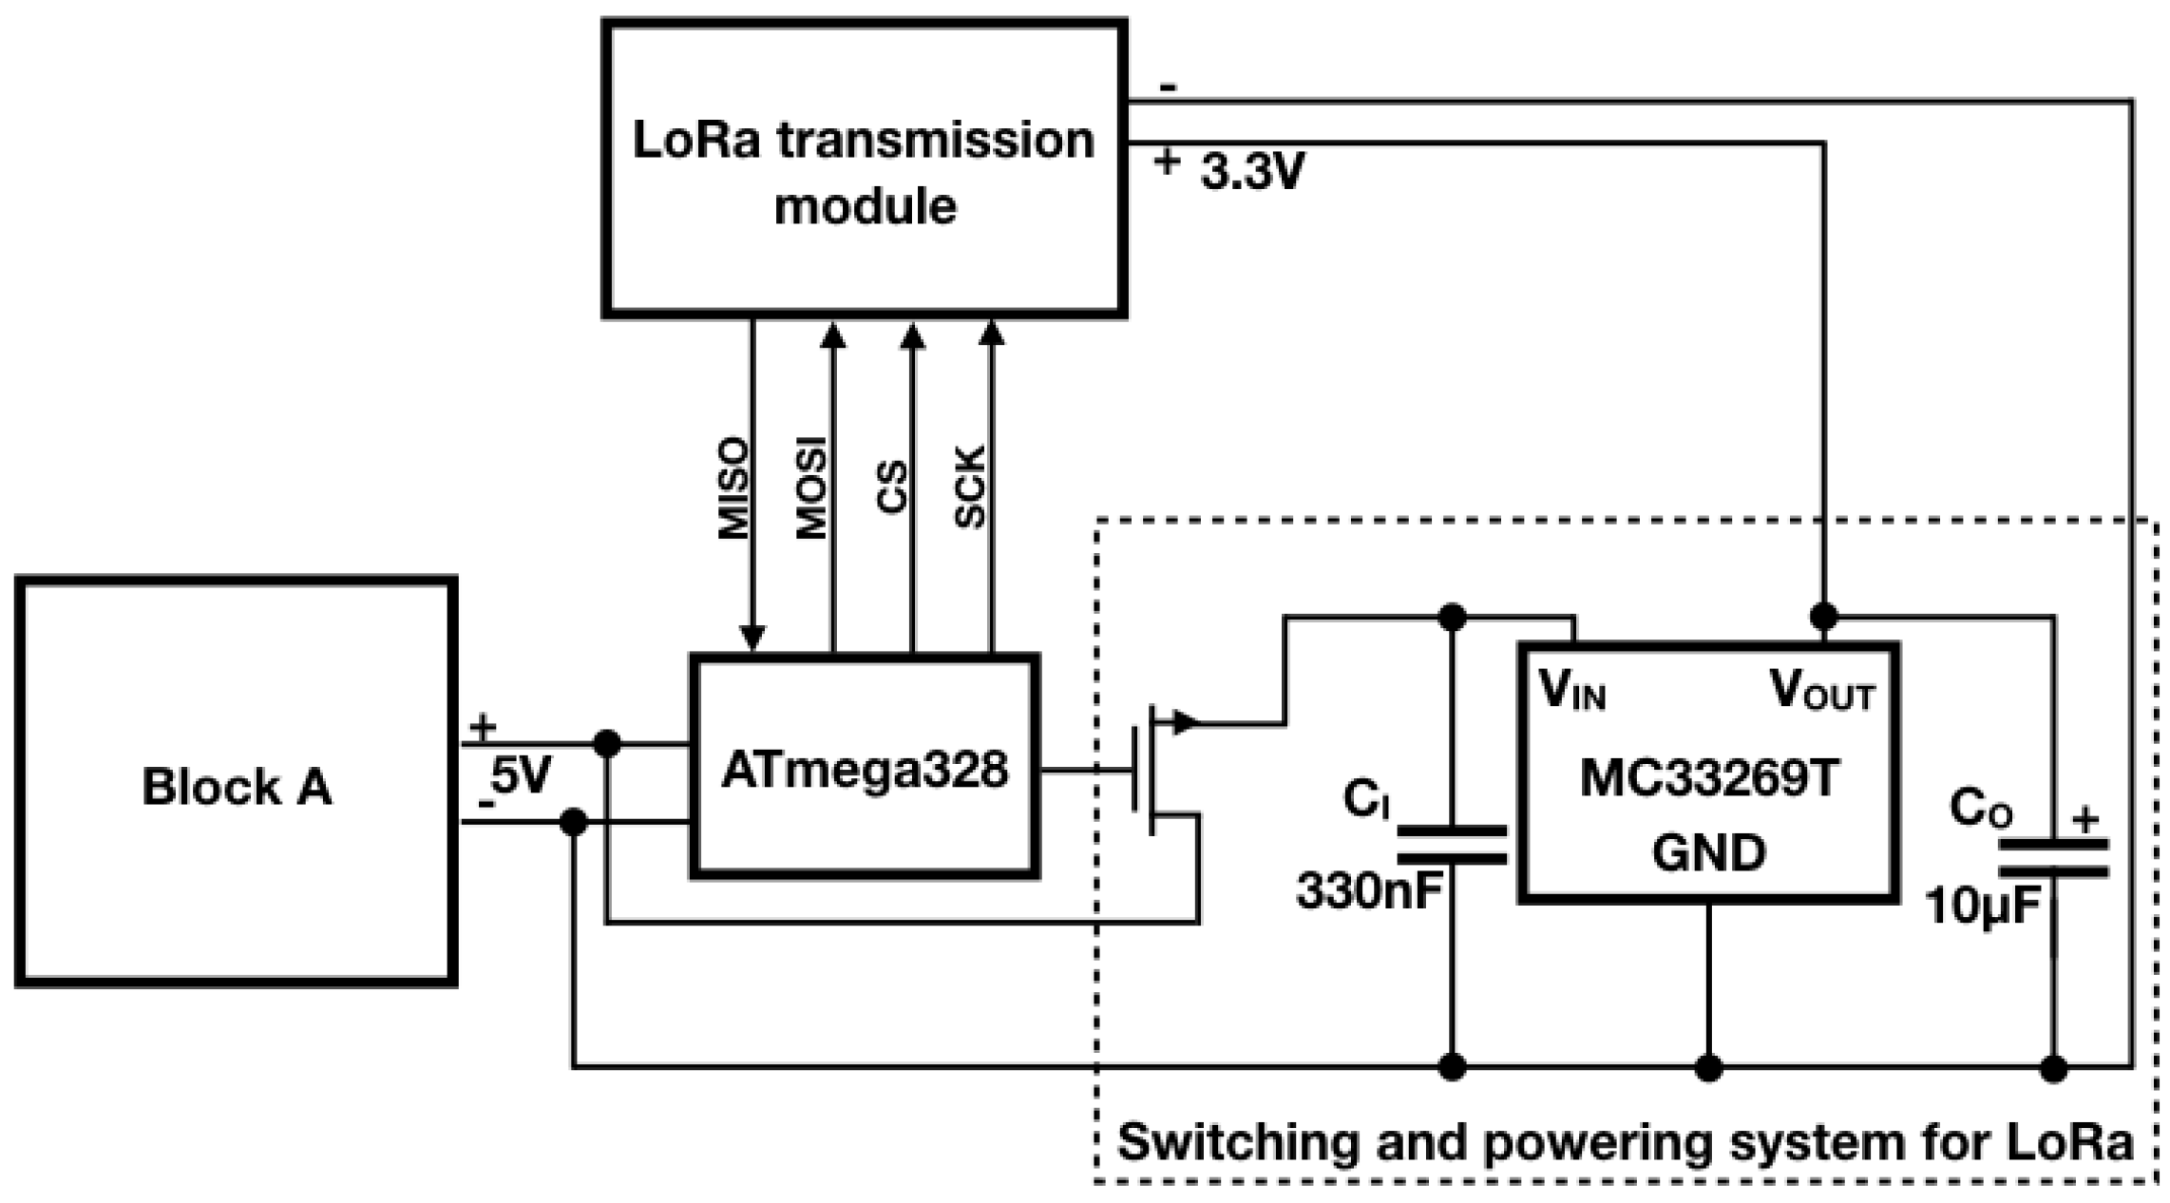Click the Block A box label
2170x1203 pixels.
click(237, 787)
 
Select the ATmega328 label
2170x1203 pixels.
click(864, 769)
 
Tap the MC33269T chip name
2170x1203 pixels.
click(1709, 779)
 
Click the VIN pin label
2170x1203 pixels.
click(1572, 691)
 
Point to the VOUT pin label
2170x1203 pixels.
click(1821, 691)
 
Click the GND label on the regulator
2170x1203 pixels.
click(1709, 852)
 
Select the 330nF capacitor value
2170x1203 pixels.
click(1369, 891)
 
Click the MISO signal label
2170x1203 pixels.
click(733, 488)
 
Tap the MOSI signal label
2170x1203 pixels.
click(811, 488)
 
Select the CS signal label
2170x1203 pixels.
click(891, 488)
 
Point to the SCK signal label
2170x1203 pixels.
click(970, 488)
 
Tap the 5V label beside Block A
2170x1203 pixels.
click(521, 776)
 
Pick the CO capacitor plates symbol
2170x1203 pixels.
click(2054, 857)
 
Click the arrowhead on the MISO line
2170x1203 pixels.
click(752, 637)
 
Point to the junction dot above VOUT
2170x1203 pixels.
click(1823, 617)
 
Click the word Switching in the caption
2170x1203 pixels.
click(1238, 1141)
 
